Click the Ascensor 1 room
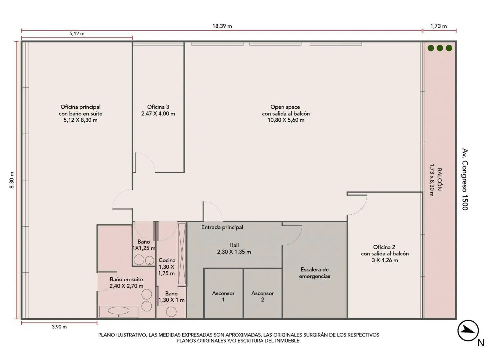pos(223,293)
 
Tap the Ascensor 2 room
pos(262,293)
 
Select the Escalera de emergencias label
pos(314,273)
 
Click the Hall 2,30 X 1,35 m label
pos(234,248)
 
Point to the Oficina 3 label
pos(158,110)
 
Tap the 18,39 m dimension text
pos(222,26)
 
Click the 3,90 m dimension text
pos(59,327)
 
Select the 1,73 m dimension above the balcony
pos(438,26)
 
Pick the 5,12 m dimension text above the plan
pos(77,34)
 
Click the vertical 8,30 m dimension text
pos(12,180)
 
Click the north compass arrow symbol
pos(468,331)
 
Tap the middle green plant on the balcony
pos(440,48)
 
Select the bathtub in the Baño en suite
pos(119,311)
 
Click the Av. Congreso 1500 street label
pos(465,179)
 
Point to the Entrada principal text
pos(222,227)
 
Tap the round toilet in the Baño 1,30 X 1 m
pos(171,311)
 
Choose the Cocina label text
pos(167,260)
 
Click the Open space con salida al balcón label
pos(286,113)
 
